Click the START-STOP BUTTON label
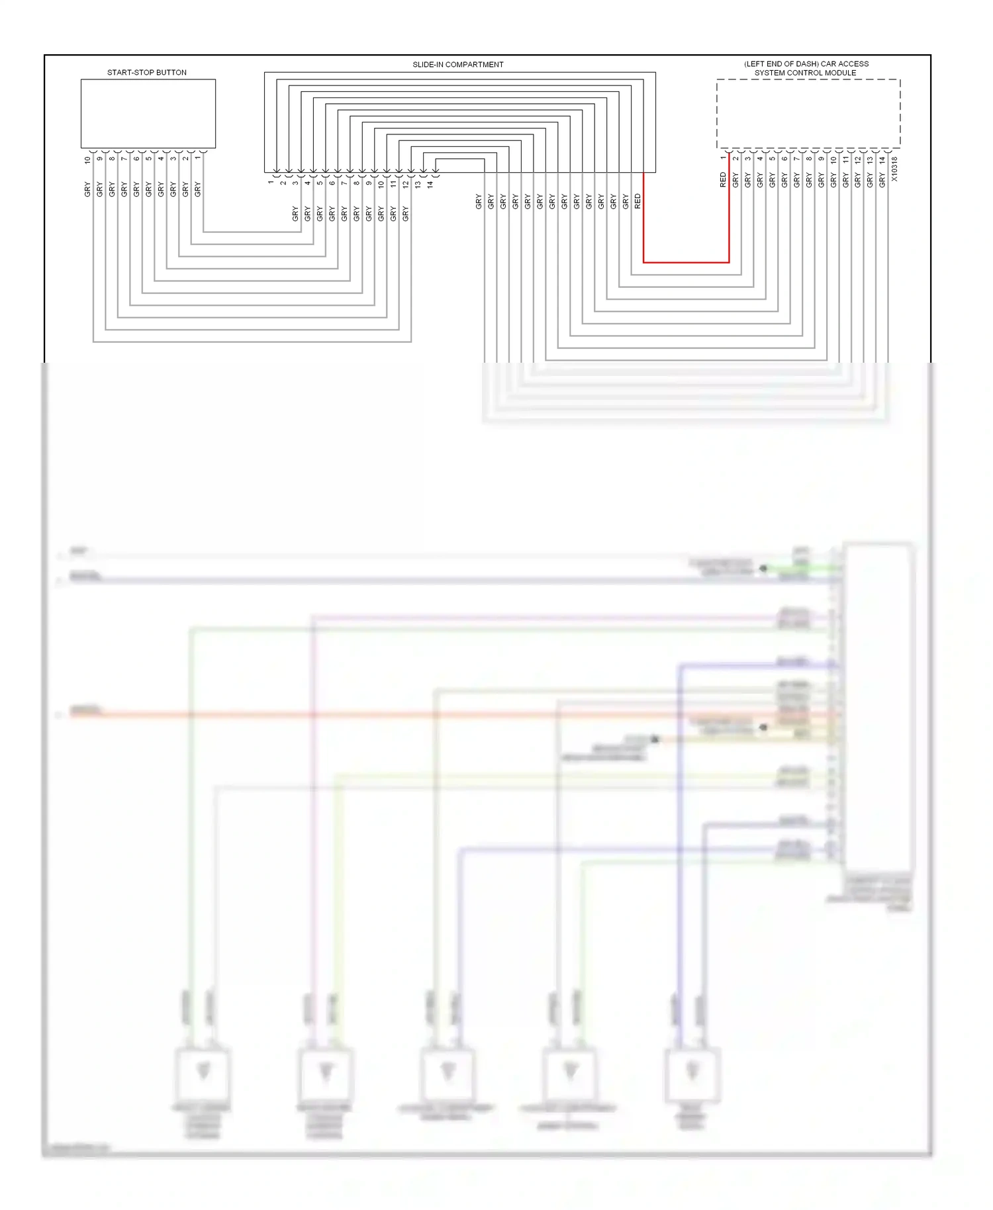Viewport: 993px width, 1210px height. (x=147, y=72)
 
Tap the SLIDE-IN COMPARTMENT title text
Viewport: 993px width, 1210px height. (x=457, y=64)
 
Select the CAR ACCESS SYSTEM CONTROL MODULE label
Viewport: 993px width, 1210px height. (x=806, y=68)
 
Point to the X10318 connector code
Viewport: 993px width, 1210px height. (x=894, y=169)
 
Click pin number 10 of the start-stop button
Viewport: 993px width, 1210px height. (x=87, y=160)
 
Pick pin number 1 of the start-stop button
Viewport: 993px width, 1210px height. (x=197, y=158)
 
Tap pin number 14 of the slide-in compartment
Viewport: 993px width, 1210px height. (x=430, y=185)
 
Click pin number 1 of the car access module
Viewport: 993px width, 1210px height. (x=723, y=158)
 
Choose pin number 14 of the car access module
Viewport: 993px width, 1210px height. (x=882, y=160)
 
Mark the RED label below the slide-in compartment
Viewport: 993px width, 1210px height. (x=638, y=201)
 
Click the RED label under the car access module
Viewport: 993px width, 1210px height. (x=723, y=180)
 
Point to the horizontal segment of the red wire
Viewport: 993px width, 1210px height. (x=686, y=262)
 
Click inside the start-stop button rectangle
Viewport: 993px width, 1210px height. (x=148, y=113)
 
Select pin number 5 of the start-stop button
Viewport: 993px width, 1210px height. (x=148, y=158)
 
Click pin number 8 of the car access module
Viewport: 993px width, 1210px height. (x=809, y=158)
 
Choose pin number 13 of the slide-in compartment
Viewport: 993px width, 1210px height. (x=418, y=185)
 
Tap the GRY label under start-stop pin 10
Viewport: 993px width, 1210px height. (x=87, y=189)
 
